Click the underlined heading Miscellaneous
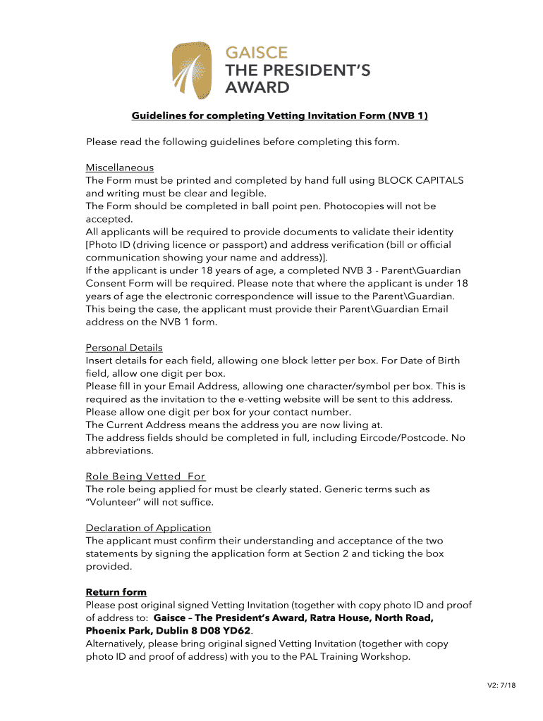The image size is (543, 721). (119, 168)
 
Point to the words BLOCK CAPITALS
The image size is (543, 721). (420, 180)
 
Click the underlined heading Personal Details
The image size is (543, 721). (124, 348)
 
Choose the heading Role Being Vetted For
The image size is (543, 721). (145, 477)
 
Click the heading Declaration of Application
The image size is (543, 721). (148, 528)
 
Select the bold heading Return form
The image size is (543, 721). (116, 592)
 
